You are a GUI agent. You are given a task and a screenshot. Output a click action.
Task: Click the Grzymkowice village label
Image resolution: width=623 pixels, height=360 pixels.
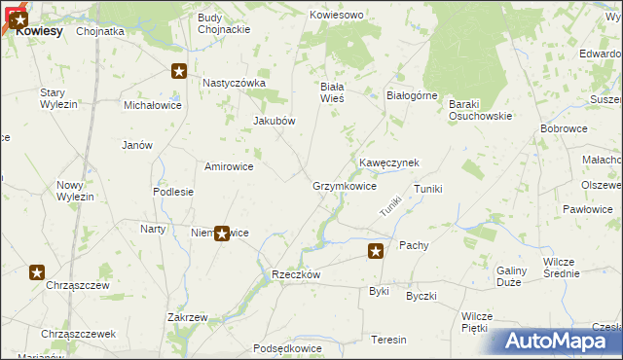pos(345,186)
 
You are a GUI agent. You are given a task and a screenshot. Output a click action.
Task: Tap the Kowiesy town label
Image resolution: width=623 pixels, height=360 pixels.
pos(39,31)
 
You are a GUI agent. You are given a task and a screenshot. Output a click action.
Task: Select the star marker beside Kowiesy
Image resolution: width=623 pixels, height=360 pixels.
pos(19,18)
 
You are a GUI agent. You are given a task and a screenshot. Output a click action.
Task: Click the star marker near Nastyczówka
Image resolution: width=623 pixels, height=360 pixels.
pos(179,70)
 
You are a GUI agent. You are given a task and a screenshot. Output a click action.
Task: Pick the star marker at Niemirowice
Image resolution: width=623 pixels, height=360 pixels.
pos(222,234)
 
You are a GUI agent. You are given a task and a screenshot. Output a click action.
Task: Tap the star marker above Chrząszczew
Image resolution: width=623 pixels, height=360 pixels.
pos(37,272)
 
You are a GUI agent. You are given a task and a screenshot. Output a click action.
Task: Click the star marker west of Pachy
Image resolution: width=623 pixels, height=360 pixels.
pos(376,251)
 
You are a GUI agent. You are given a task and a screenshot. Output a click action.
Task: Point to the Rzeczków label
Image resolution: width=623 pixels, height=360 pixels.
pos(296,275)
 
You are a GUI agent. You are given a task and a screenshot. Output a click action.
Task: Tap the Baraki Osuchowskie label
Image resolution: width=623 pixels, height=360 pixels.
pos(480,110)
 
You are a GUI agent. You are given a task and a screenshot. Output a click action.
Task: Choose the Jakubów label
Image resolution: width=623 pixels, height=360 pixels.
pos(274,121)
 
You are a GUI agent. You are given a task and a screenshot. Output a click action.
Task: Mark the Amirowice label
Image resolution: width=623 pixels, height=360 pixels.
pos(229,166)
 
